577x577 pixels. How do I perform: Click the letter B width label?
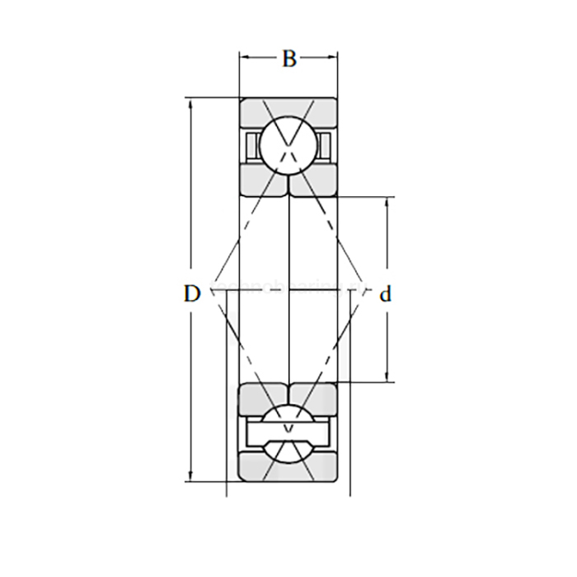point(288,59)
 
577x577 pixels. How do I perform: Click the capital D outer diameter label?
point(191,293)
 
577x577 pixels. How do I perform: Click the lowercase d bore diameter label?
point(384,294)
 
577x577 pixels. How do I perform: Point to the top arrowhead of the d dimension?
point(388,201)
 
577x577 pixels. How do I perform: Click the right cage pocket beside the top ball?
point(326,144)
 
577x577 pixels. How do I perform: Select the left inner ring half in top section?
point(263,181)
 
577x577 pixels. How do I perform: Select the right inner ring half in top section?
point(314,181)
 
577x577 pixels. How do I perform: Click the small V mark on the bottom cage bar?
point(288,429)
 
